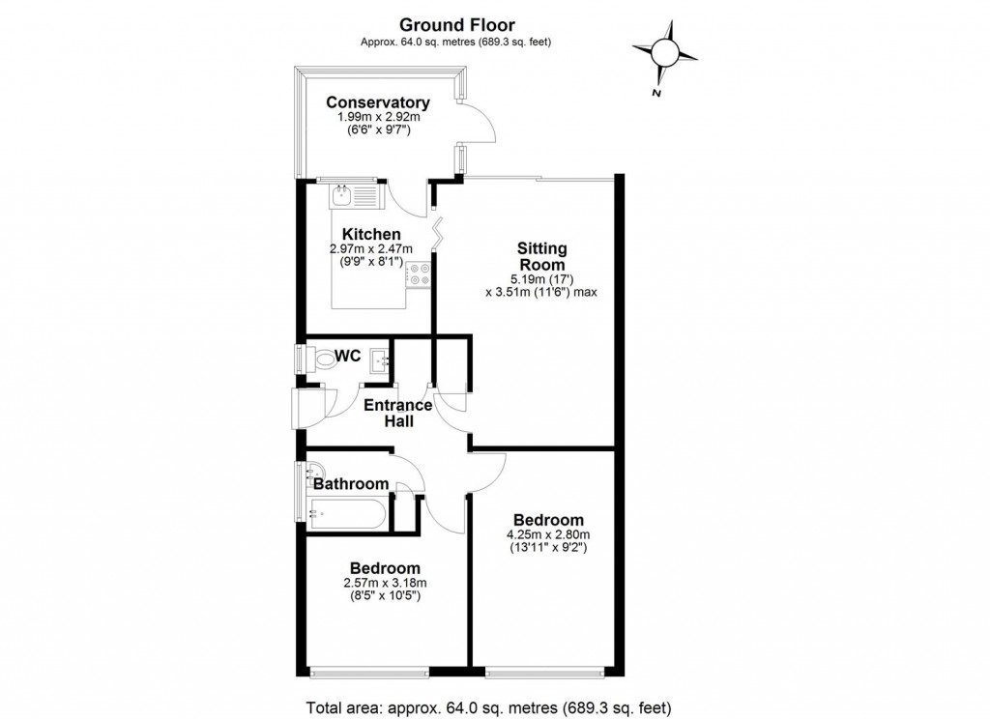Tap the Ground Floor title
click(456, 25)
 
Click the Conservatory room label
click(377, 102)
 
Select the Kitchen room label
click(371, 234)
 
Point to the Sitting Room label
click(540, 256)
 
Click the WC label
click(349, 357)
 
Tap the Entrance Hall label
click(397, 413)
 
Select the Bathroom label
click(350, 484)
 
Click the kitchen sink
click(343, 197)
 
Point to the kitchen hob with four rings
click(419, 274)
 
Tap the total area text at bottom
click(488, 706)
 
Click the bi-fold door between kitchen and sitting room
click(436, 235)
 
